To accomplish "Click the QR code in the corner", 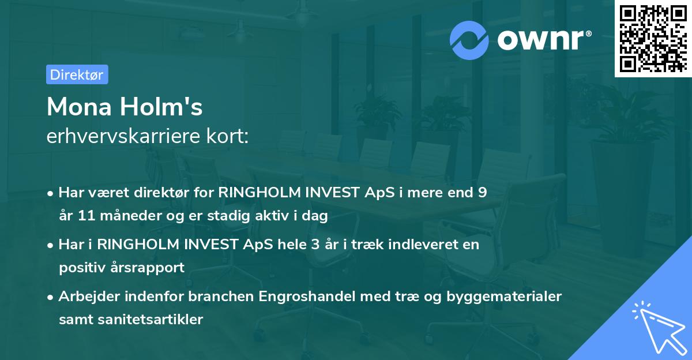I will [653, 38].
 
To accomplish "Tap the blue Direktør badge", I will [77, 74].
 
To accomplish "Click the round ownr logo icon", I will [469, 40].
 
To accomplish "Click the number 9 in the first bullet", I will [482, 192].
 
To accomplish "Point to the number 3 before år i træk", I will [314, 244].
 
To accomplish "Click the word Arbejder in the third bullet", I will [86, 297].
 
